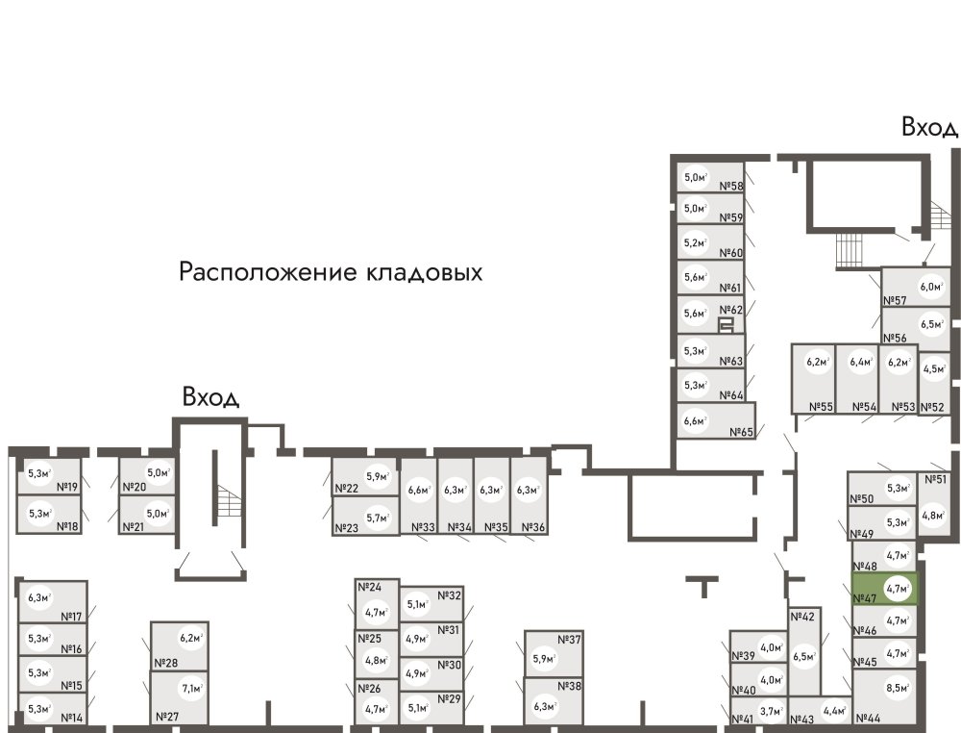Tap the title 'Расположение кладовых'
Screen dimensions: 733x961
click(x=331, y=272)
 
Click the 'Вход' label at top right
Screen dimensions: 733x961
click(x=929, y=127)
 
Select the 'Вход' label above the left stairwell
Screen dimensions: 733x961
click(x=210, y=398)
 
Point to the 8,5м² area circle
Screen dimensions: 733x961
click(x=898, y=688)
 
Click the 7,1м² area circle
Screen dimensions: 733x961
click(x=192, y=688)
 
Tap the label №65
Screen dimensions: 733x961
click(x=742, y=432)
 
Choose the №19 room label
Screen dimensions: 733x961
click(x=67, y=487)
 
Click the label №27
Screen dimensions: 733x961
click(x=167, y=717)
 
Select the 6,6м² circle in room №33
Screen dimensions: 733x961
click(x=418, y=491)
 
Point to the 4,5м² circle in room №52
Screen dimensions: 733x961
click(x=933, y=367)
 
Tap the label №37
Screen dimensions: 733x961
click(x=570, y=641)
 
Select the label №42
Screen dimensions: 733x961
click(x=802, y=617)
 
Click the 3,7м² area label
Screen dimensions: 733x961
click(x=770, y=712)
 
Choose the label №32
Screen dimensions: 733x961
click(x=450, y=595)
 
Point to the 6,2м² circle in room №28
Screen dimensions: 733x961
click(x=192, y=636)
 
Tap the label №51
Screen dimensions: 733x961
click(x=935, y=479)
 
